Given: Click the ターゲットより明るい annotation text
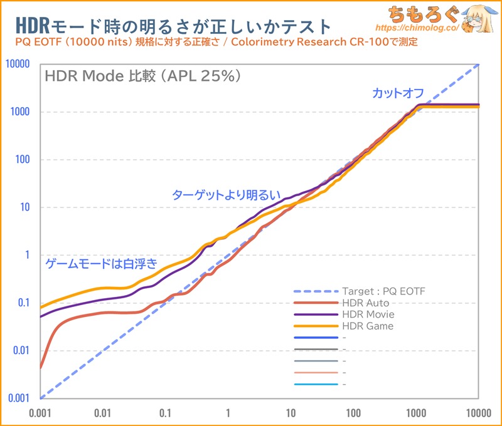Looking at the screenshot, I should click(226, 195).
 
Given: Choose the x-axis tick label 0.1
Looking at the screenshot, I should click(166, 413).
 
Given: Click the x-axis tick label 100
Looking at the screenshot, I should click(353, 413).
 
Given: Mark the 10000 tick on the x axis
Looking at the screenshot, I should click(478, 413).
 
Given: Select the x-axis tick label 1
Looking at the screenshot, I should click(228, 413).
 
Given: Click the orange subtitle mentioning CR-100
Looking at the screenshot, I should click(213, 43).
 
